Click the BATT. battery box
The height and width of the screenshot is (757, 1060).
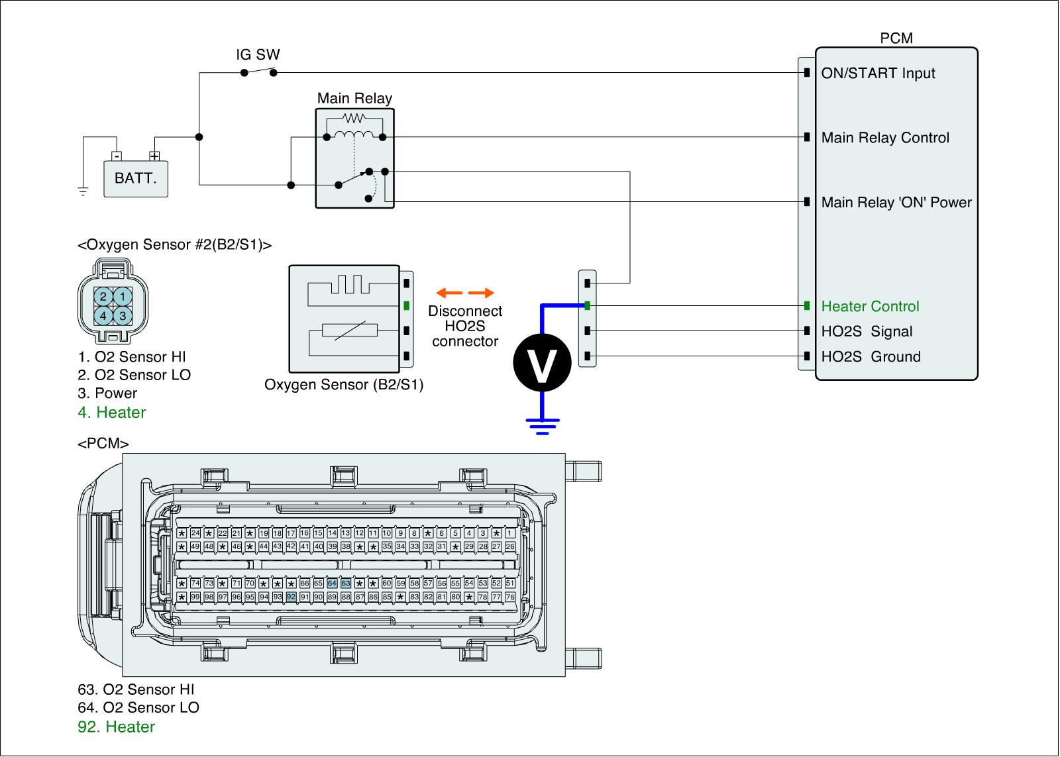(x=136, y=178)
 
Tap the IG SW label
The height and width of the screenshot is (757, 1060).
(x=258, y=55)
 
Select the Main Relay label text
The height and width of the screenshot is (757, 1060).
(x=354, y=99)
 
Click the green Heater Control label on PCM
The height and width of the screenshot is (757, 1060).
(x=870, y=307)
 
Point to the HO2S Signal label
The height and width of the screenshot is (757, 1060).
(x=867, y=332)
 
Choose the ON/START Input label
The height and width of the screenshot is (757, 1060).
(x=878, y=74)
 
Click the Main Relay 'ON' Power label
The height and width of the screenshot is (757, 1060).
(x=896, y=203)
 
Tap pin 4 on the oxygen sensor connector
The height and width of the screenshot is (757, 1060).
(x=103, y=316)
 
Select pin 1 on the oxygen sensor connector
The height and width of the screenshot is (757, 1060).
(x=123, y=297)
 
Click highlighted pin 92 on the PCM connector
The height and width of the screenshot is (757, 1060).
(x=291, y=597)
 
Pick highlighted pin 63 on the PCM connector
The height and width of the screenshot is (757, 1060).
(x=346, y=583)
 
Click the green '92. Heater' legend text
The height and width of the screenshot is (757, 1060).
(x=117, y=727)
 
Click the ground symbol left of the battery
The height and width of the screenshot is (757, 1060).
(x=83, y=192)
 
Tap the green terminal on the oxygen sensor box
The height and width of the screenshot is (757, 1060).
(x=407, y=307)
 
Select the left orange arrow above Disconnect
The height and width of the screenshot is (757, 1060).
(x=449, y=293)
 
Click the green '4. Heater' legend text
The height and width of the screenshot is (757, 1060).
(x=111, y=413)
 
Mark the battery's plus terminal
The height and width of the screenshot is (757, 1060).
(x=154, y=156)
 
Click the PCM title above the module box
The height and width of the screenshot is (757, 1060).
(x=896, y=38)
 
